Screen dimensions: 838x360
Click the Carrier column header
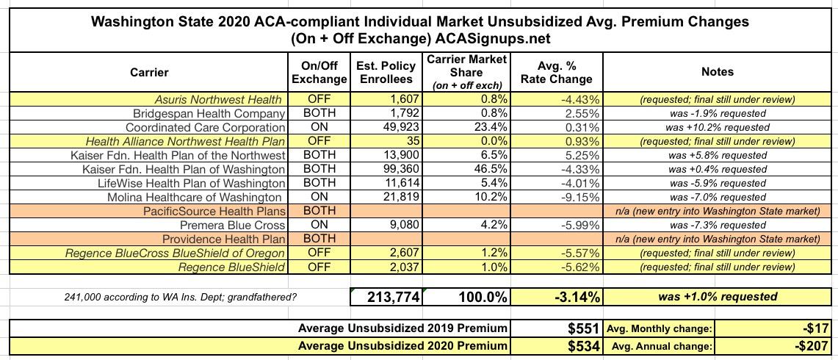click(x=148, y=72)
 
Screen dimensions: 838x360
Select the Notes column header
click(x=718, y=71)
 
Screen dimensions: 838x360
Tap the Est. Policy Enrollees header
click(x=386, y=72)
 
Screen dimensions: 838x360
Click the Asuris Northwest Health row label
click(x=220, y=99)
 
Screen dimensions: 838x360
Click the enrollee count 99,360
click(x=400, y=169)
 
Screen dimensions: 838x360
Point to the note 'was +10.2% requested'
click(x=718, y=128)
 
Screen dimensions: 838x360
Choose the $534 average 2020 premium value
click(x=583, y=345)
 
